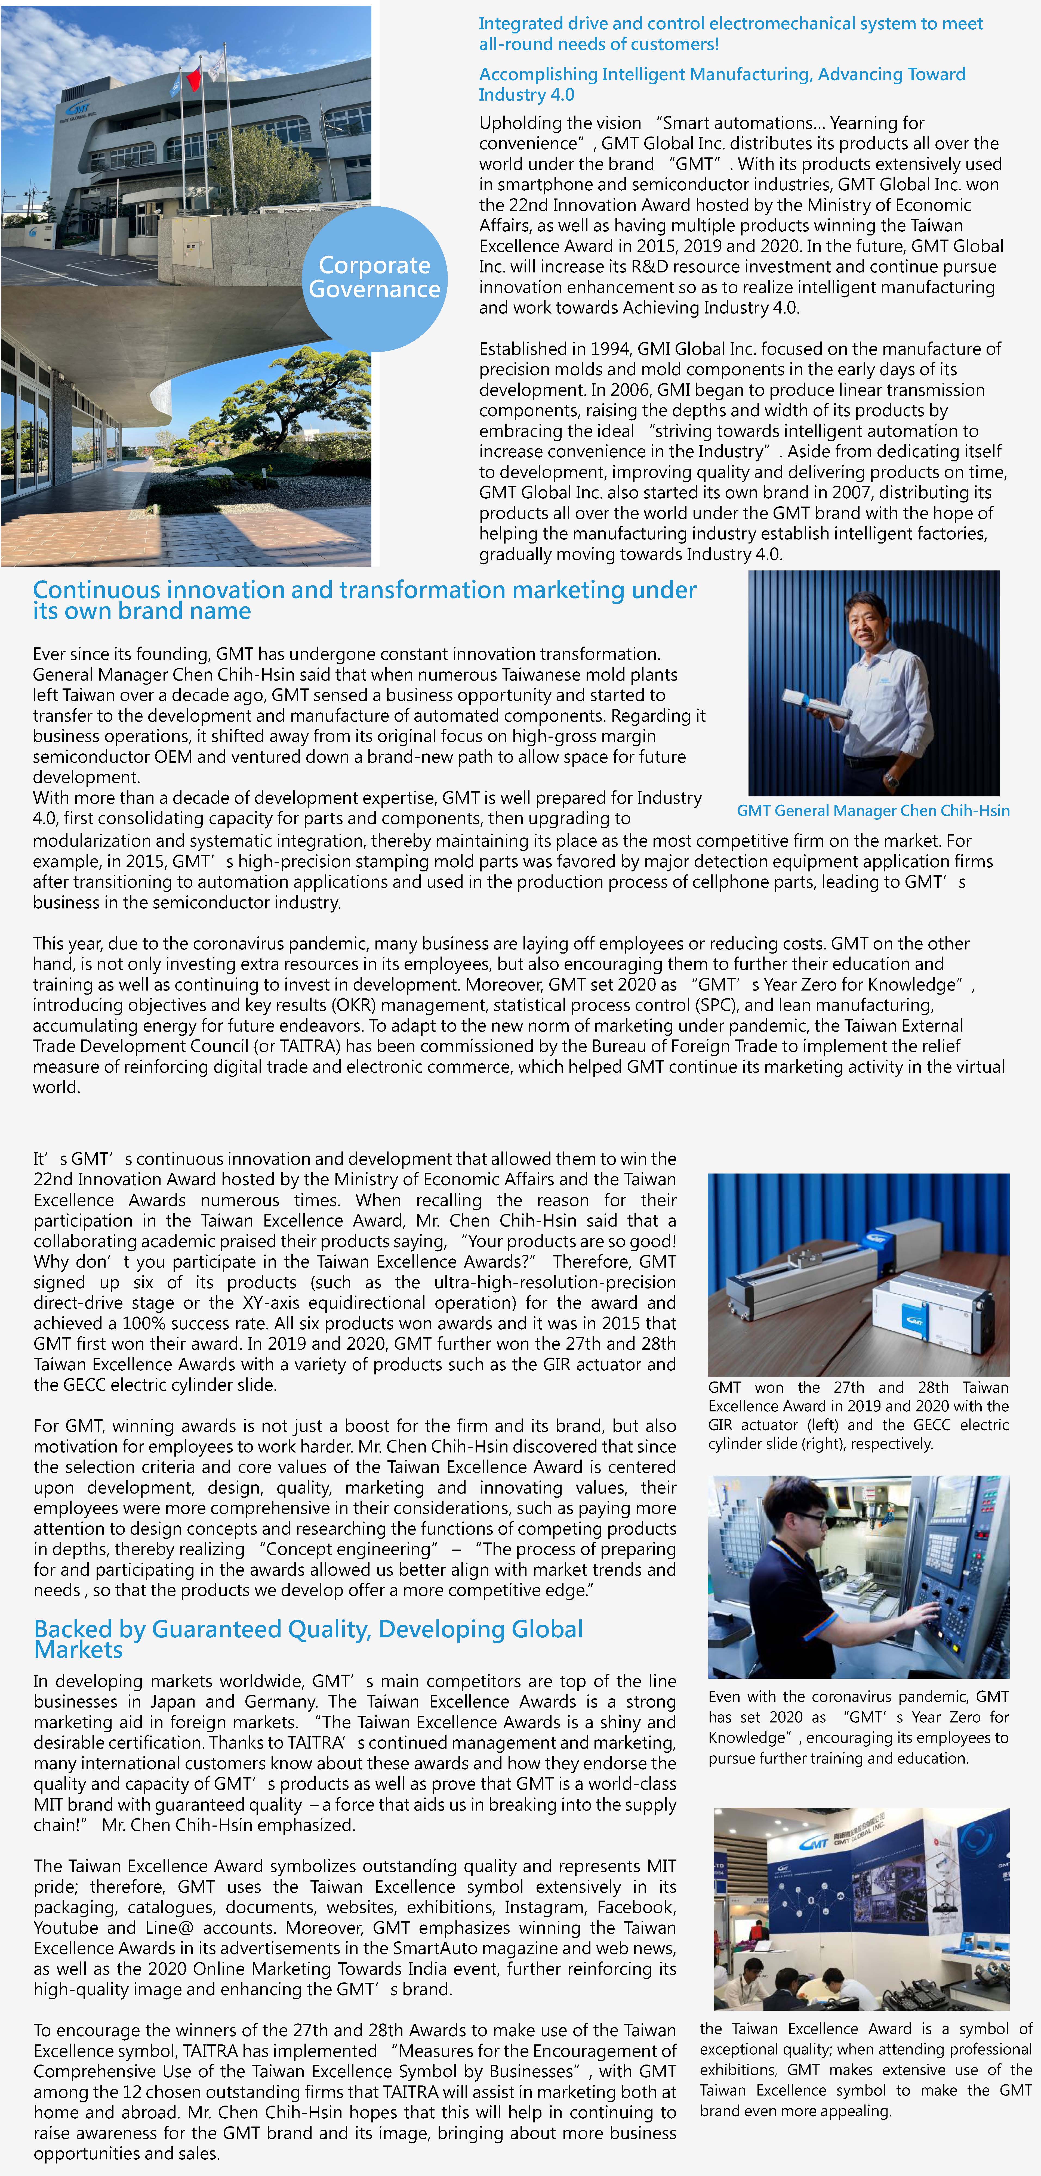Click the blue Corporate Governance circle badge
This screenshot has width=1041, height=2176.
[x=374, y=278]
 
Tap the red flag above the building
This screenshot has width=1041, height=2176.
[x=193, y=79]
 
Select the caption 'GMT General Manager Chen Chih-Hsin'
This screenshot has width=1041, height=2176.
[x=873, y=811]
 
